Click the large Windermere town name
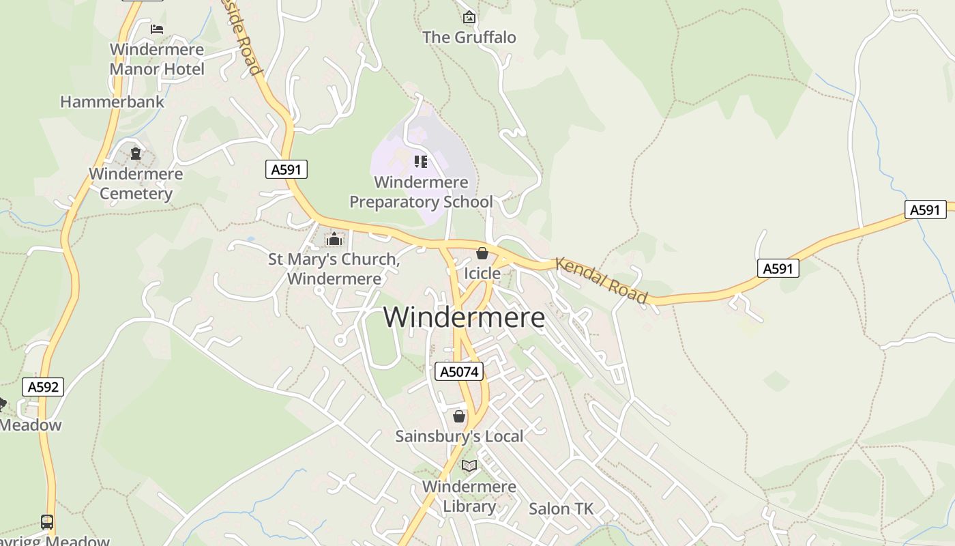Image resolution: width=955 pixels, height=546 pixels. [464, 317]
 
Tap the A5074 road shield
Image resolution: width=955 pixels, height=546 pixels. [459, 371]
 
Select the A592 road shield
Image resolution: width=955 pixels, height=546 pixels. [43, 387]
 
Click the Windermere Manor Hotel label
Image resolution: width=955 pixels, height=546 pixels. [157, 59]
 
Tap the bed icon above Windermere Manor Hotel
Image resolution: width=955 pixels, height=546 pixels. [157, 29]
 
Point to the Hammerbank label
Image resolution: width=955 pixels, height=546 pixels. [113, 102]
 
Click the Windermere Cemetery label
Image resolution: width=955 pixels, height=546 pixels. [136, 184]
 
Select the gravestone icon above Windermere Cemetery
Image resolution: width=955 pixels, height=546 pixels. [136, 154]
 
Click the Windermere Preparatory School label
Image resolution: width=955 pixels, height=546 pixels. [421, 192]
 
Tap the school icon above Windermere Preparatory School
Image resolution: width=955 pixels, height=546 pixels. [421, 162]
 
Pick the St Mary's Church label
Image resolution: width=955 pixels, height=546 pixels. [334, 269]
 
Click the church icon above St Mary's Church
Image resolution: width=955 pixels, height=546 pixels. [334, 240]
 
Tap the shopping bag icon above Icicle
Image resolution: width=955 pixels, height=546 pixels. [482, 253]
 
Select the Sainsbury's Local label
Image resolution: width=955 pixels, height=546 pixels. [459, 436]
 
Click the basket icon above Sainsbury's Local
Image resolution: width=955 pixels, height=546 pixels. [459, 416]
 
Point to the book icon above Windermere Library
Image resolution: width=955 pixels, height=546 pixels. [469, 466]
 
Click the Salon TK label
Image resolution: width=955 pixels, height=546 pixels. [561, 508]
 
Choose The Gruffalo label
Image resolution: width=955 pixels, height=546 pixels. [469, 37]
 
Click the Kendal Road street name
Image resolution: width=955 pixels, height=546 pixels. [601, 281]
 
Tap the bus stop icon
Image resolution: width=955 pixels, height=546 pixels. [47, 522]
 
